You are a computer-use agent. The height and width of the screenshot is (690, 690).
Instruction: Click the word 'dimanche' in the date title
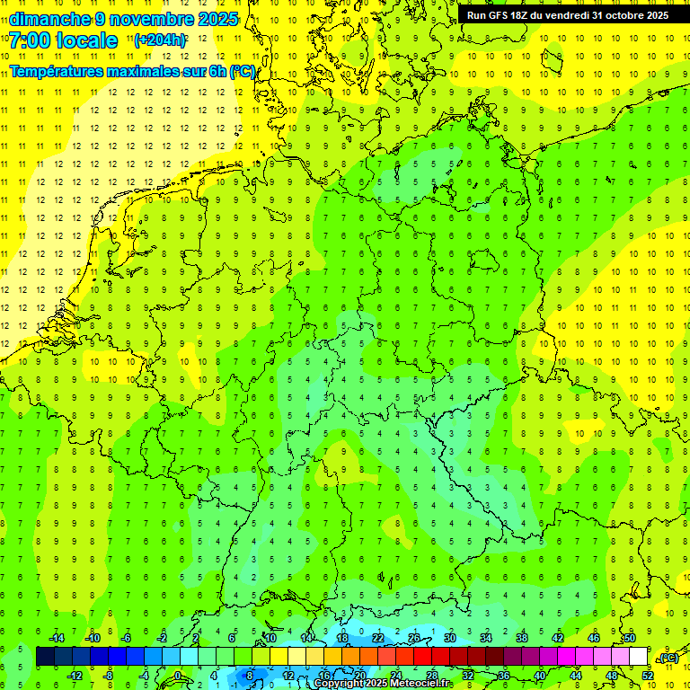pyautogui.click(x=49, y=19)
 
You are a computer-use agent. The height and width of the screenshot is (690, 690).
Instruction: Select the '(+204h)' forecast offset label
pyautogui.click(x=160, y=40)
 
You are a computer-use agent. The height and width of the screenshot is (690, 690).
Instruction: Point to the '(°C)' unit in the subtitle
pyautogui.click(x=242, y=71)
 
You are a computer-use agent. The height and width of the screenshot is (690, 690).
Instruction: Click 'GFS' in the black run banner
pyautogui.click(x=504, y=15)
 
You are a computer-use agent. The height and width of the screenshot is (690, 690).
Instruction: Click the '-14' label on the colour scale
pyautogui.click(x=56, y=638)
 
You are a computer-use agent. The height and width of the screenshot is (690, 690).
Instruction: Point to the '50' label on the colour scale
pyautogui.click(x=630, y=638)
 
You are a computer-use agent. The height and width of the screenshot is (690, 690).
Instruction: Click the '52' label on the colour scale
pyautogui.click(x=648, y=676)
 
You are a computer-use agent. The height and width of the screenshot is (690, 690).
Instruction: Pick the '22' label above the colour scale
pyautogui.click(x=378, y=638)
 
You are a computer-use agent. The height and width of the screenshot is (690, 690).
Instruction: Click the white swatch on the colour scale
pyautogui.click(x=639, y=657)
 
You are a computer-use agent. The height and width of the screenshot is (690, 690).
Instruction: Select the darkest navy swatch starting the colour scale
pyautogui.click(x=45, y=657)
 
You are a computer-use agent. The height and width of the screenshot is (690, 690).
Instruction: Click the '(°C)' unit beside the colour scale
pyautogui.click(x=668, y=659)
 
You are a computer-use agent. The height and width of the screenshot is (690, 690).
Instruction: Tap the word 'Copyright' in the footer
pyautogui.click(x=339, y=684)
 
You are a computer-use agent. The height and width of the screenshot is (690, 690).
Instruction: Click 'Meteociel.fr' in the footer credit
pyautogui.click(x=420, y=684)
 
